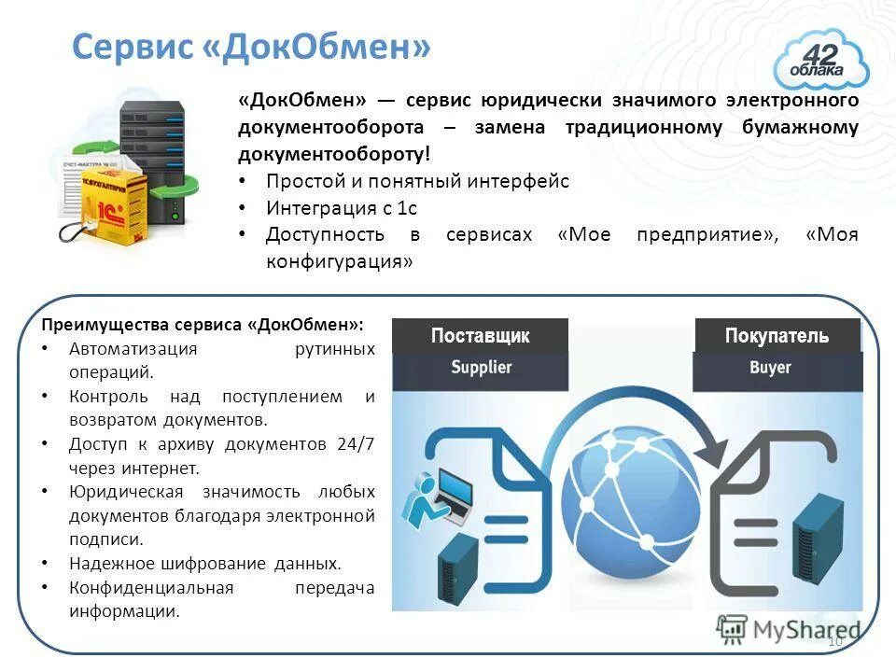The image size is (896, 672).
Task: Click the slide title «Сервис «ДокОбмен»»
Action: click(251, 46)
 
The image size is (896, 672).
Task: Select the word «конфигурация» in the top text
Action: click(339, 261)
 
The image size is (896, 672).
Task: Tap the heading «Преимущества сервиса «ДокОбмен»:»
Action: click(203, 325)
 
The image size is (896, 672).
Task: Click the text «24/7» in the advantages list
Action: click(356, 443)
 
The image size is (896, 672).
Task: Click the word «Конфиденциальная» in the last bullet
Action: click(150, 588)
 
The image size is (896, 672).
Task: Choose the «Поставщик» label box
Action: click(480, 336)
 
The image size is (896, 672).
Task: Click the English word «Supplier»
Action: click(482, 368)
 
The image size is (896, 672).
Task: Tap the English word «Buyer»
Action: click(770, 368)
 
